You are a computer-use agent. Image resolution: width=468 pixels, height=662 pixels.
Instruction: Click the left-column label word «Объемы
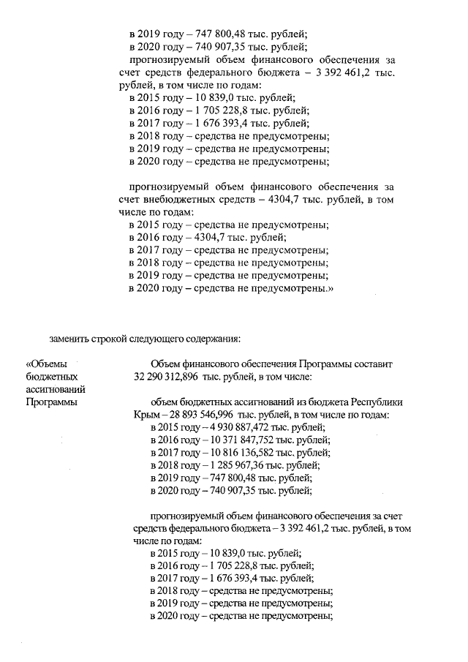46,364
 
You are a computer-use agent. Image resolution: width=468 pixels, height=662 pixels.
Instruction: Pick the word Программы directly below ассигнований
51,402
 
